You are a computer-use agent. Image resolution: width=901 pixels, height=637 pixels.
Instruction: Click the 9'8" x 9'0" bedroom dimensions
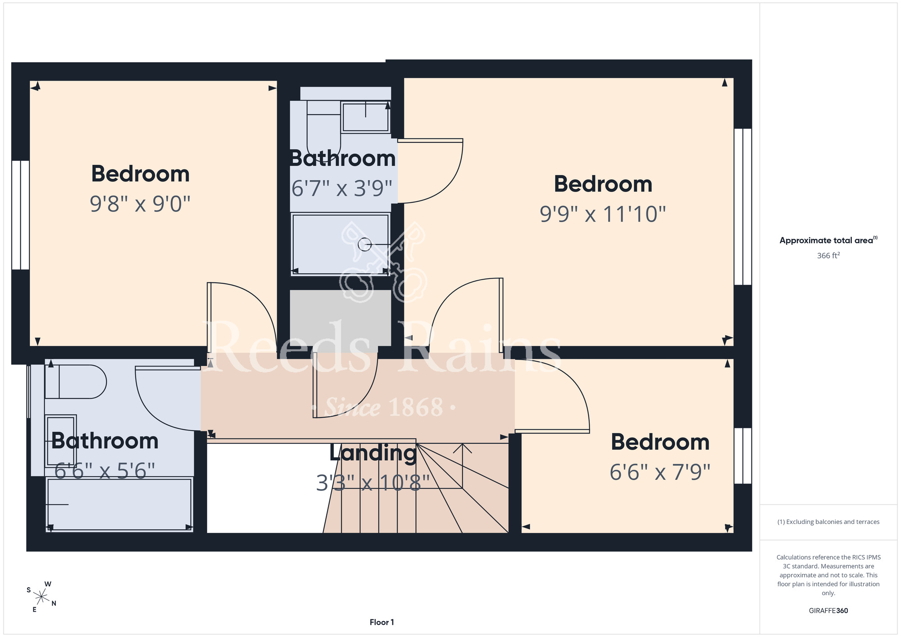coord(140,204)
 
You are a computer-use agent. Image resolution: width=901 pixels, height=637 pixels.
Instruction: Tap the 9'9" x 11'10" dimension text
coord(603,214)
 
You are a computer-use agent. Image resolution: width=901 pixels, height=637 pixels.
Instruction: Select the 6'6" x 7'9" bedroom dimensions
coord(660,473)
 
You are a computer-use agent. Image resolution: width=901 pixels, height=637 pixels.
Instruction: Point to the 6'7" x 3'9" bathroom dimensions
coord(342,188)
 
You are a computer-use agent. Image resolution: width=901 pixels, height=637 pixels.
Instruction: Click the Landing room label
coord(373,453)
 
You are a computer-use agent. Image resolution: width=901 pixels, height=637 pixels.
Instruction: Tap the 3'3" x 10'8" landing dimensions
coord(373,483)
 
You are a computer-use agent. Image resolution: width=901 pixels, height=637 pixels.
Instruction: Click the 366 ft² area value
coord(828,255)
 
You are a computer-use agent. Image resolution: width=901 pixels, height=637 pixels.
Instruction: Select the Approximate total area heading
coord(828,240)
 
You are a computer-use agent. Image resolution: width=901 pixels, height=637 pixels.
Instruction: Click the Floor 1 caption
coord(382,622)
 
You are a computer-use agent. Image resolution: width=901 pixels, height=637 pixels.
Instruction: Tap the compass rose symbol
coord(41,597)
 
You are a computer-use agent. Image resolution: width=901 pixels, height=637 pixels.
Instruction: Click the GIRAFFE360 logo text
coord(828,611)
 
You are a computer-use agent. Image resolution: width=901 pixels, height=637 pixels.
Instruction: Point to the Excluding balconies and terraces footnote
coord(828,522)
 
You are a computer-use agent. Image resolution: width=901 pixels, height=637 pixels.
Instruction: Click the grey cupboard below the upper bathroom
coord(341,318)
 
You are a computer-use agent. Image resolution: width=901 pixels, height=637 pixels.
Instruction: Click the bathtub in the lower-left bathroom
coord(119,505)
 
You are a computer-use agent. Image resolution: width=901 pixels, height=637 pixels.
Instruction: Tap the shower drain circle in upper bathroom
coord(364,245)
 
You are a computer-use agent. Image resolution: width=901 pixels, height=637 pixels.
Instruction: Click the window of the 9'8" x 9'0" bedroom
coord(21,215)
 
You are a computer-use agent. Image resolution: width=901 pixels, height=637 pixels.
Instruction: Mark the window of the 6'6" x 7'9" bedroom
coord(743,455)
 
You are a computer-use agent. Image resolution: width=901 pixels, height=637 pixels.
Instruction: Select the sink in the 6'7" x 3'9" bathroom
coord(365,117)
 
